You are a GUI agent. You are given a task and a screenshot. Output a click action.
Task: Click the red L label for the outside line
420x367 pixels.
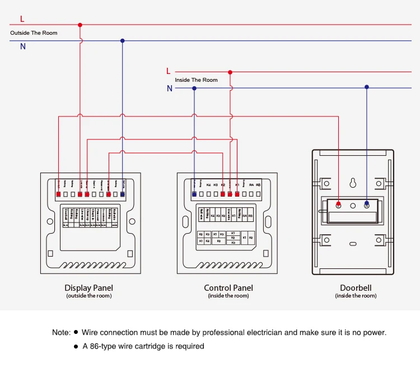click(22, 19)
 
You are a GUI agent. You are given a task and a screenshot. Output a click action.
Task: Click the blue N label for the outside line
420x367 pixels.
click(23, 47)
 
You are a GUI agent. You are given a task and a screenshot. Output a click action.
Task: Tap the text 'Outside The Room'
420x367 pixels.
click(34, 33)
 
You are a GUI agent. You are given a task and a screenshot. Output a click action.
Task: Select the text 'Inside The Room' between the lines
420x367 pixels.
click(196, 80)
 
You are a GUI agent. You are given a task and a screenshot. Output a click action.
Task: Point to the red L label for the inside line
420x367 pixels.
click(168, 71)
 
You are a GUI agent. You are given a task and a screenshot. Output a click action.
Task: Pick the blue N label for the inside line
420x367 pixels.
click(170, 88)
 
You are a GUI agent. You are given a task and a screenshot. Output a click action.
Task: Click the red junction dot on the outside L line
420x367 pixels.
click(80, 25)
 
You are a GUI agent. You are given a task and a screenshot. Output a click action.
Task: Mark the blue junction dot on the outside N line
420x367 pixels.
click(122, 40)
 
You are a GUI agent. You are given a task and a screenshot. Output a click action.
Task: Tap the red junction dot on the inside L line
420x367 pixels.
click(230, 72)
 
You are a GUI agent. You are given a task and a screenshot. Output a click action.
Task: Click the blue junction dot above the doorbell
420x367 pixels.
click(367, 87)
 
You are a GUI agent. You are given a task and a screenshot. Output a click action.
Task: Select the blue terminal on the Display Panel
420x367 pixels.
click(122, 194)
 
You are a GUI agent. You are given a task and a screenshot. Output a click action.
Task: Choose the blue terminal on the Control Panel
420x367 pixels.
click(194, 194)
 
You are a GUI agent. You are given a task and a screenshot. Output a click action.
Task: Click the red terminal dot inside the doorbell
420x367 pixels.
click(338, 205)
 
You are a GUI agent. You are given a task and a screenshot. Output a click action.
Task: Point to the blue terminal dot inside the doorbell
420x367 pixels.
click(367, 205)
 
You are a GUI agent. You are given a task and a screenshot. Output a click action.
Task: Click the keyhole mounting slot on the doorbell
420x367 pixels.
click(353, 183)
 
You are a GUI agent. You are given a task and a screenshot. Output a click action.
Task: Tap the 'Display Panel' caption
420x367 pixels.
click(88, 288)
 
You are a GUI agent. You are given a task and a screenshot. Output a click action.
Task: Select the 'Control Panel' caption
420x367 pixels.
click(228, 288)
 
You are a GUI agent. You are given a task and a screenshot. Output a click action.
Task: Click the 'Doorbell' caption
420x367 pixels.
click(356, 288)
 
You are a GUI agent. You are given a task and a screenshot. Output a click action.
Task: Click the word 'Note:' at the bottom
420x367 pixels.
click(61, 332)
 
